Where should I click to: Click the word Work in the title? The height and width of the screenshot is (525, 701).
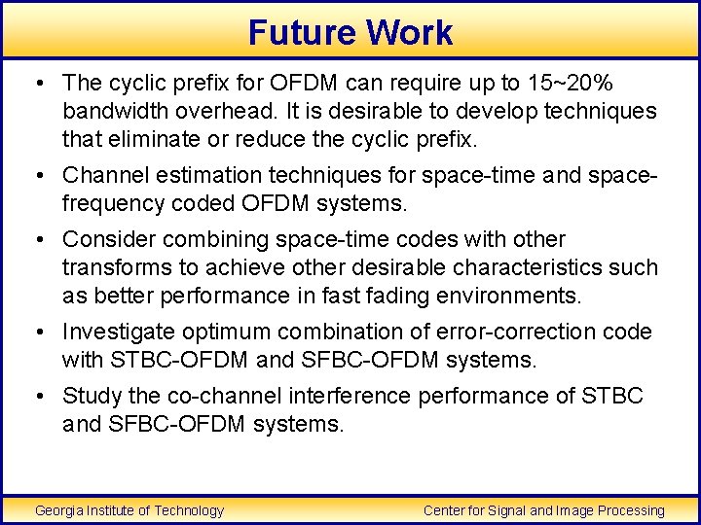[410, 32]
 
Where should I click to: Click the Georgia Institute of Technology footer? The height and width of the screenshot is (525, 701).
[129, 510]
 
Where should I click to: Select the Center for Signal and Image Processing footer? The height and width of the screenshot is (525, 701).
[544, 510]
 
